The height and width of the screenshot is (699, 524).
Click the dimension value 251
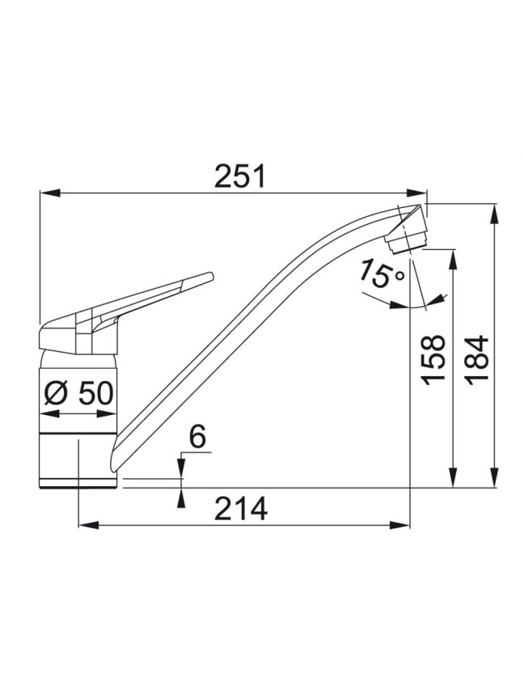click(x=239, y=176)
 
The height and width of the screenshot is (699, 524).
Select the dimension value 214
click(x=241, y=508)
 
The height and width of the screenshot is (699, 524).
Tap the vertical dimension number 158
click(x=433, y=360)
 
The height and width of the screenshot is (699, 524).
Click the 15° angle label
click(x=382, y=273)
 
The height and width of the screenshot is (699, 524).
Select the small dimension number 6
click(x=198, y=437)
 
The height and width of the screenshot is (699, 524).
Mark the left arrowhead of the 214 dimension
click(x=88, y=526)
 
